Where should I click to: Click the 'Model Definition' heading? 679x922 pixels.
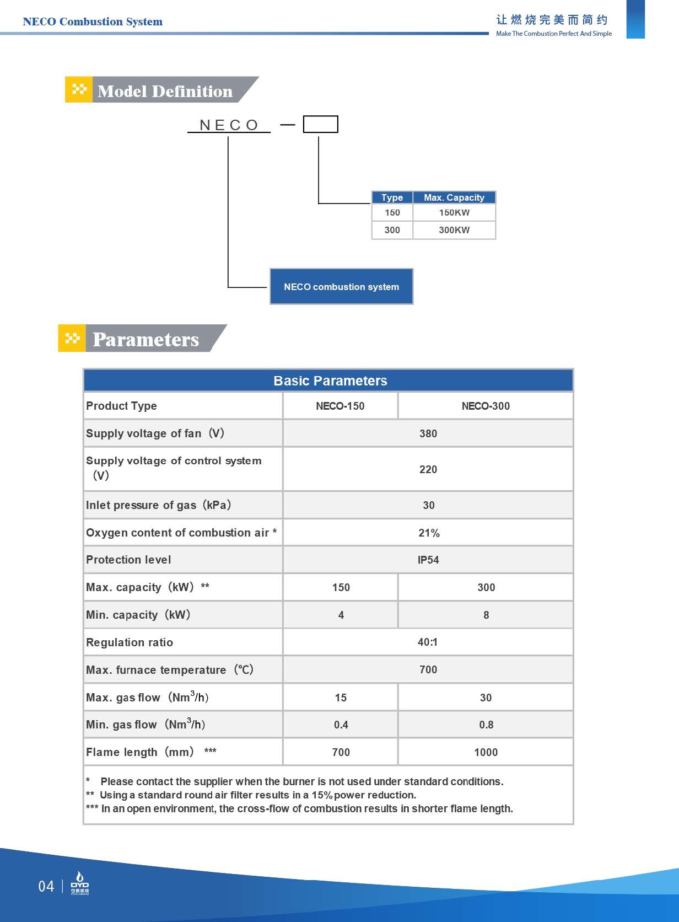tap(165, 91)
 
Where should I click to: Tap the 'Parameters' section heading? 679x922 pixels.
tap(145, 339)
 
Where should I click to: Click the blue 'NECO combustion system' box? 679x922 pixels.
tap(341, 287)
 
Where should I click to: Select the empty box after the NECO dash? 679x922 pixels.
tap(320, 125)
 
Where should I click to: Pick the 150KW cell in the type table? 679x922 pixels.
tap(454, 213)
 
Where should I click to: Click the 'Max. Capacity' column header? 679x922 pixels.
tap(454, 197)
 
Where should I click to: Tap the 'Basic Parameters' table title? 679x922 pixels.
tap(330, 380)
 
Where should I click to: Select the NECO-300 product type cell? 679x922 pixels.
tap(485, 406)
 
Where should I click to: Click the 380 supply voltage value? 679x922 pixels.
tap(428, 433)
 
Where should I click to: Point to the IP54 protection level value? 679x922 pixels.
tap(428, 560)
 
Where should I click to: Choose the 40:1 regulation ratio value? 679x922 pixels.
tap(428, 642)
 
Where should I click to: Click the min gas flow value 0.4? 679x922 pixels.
tap(341, 725)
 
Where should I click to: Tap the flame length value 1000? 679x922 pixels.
tap(486, 752)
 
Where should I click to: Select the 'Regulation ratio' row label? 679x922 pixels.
tap(130, 642)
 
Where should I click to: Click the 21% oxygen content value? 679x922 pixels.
tap(428, 533)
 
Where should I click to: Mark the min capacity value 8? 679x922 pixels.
tap(486, 615)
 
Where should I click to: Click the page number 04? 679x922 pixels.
tap(46, 886)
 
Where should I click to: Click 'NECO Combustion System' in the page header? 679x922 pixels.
tap(93, 22)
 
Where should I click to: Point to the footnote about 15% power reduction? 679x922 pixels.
tap(257, 795)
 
